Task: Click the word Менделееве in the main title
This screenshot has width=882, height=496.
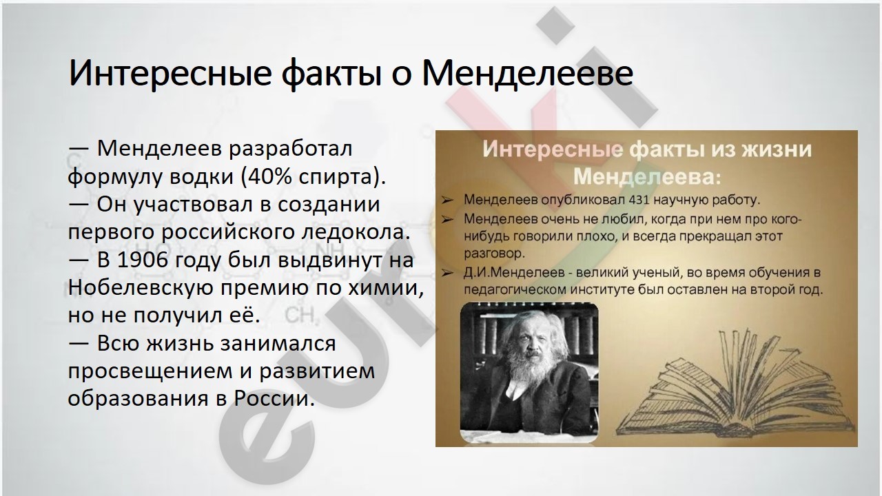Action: [528, 73]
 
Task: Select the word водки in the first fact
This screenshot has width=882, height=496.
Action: [202, 176]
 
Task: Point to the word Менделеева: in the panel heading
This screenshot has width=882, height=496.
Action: [646, 177]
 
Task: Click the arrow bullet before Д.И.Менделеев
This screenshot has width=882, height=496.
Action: [447, 273]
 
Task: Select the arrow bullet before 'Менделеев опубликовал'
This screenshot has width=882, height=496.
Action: [447, 200]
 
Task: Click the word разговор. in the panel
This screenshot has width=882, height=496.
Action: [495, 254]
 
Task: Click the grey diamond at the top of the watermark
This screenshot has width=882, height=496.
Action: [555, 25]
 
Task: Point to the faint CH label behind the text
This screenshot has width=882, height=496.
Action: [300, 316]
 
